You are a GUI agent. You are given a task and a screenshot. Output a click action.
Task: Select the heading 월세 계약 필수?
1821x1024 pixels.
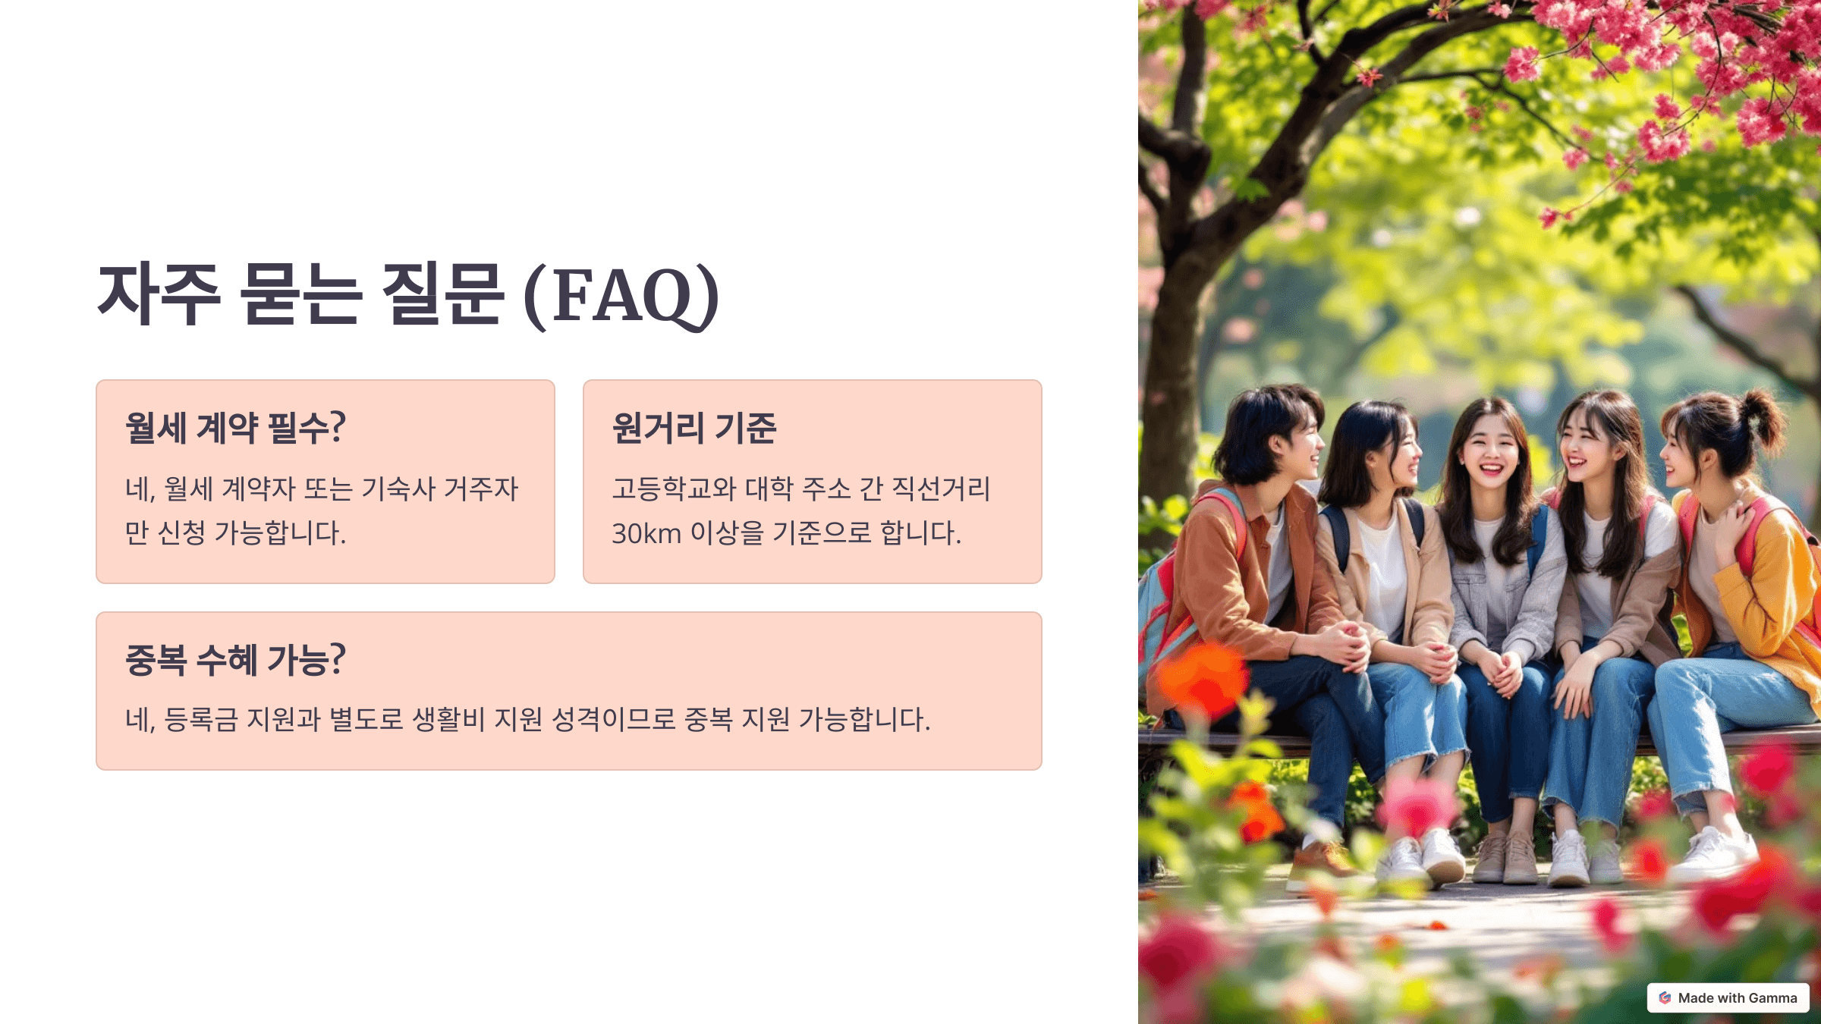coord(235,428)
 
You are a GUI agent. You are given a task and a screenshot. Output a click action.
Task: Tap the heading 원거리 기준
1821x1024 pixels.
coord(694,428)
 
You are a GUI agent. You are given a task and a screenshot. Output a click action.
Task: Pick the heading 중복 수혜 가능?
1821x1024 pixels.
coord(235,660)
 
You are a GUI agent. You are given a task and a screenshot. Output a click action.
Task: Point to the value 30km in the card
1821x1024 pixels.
coord(646,533)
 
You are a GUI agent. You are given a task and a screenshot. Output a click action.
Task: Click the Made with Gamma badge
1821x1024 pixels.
coord(1728,998)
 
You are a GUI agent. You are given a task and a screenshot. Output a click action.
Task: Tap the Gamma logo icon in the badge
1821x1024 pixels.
coord(1665,998)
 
